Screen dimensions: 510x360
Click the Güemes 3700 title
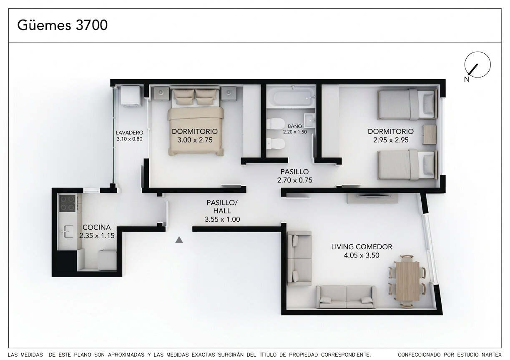[63, 25]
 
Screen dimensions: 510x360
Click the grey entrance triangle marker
[179, 240]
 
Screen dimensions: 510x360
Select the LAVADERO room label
[129, 132]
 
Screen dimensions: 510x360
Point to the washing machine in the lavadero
[130, 96]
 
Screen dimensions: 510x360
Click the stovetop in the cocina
[68, 203]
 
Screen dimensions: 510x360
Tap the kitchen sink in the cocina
[68, 231]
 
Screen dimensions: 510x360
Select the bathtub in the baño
[291, 97]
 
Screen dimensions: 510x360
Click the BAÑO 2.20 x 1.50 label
[295, 129]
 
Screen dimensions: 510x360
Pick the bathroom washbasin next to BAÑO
[309, 120]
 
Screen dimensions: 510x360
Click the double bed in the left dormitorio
[195, 121]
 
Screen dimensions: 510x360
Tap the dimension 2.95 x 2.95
[391, 140]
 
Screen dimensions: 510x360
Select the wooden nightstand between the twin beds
[430, 135]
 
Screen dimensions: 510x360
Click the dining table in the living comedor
[407, 281]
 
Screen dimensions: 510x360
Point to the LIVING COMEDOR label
[362, 247]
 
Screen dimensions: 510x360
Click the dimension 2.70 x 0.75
[295, 180]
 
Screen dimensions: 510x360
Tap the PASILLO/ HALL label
[222, 207]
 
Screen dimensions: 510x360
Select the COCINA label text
[96, 227]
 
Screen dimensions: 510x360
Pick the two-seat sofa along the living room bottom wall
[346, 297]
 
